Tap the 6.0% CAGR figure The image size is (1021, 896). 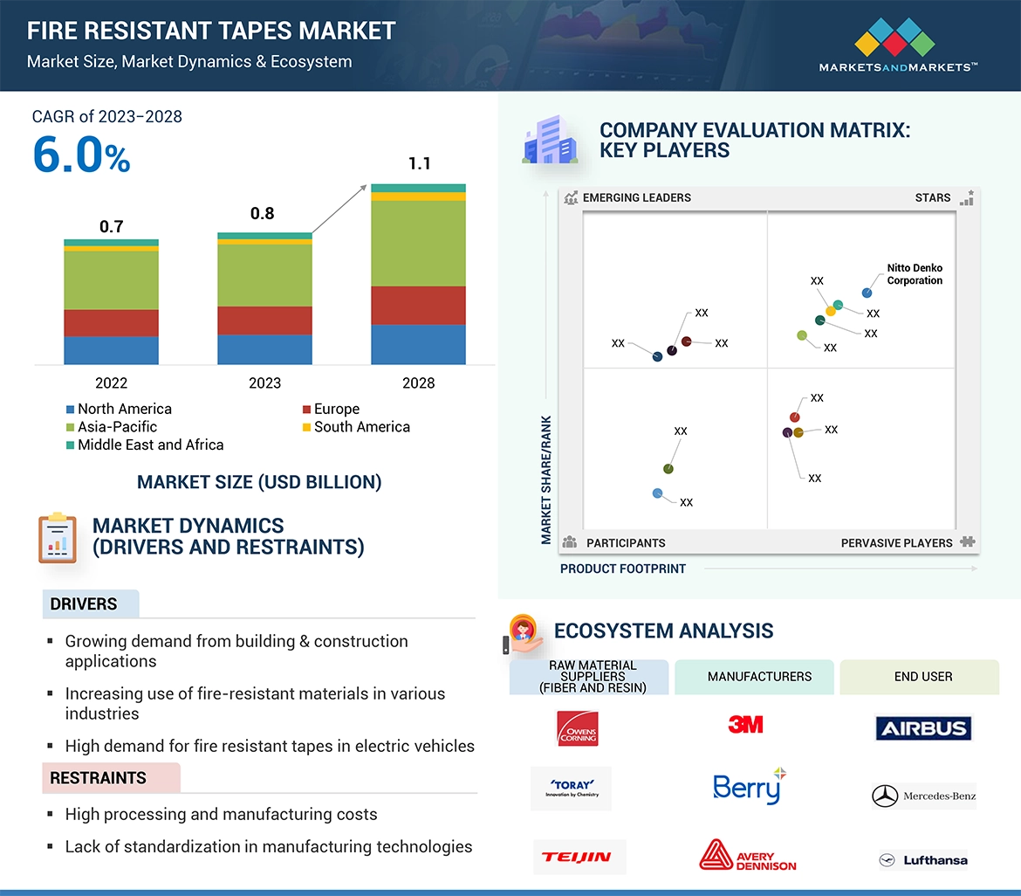[81, 155]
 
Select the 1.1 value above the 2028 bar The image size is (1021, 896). [419, 163]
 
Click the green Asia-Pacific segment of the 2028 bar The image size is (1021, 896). [418, 243]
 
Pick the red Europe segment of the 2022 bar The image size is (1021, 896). [111, 323]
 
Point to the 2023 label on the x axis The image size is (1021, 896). [264, 383]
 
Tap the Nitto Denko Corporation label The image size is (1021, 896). [915, 274]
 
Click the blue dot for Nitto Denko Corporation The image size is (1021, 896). [867, 293]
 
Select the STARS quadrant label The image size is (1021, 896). [933, 197]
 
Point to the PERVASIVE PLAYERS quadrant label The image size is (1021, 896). [896, 543]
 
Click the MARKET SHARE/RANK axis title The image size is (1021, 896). [546, 479]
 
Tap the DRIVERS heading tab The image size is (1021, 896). [84, 604]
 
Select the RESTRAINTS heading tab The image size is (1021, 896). [98, 778]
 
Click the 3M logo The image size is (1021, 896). [745, 724]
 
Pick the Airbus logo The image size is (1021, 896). [923, 728]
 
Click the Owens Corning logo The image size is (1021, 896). [577, 728]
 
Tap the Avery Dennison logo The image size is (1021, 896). [748, 856]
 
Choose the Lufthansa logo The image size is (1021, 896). [923, 860]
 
